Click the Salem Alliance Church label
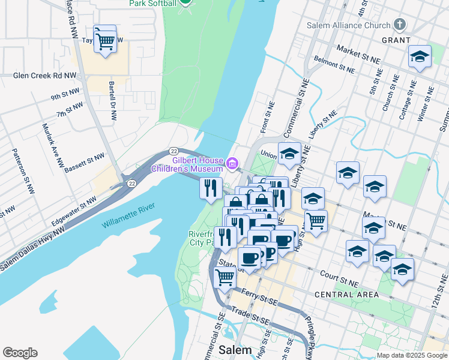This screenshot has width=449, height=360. click(348, 25)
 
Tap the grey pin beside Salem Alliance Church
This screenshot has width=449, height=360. click(400, 25)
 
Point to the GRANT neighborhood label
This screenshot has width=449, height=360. click(396, 40)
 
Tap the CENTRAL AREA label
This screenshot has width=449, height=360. click(346, 295)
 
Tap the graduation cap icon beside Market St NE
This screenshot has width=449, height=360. click(420, 57)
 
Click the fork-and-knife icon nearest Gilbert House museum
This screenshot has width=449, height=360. click(211, 188)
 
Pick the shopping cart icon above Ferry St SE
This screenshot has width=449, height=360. click(224, 277)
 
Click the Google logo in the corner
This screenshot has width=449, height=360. click(20, 353)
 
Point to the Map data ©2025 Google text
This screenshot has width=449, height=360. click(411, 355)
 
